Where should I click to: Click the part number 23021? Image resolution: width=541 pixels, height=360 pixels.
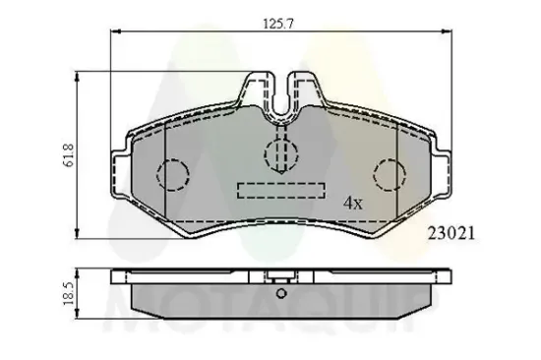(x=451, y=234)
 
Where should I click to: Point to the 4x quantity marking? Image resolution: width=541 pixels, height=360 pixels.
(x=352, y=204)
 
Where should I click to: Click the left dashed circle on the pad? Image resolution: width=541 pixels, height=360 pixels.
(x=173, y=175)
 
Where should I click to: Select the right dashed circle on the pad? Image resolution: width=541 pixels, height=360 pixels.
(x=391, y=175)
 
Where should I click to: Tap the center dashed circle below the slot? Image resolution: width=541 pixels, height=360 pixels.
(x=281, y=151)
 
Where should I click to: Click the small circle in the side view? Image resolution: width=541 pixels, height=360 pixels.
(x=282, y=293)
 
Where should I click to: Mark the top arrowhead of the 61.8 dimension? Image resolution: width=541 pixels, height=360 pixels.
(x=77, y=75)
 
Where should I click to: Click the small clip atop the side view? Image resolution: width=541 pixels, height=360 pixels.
(x=282, y=275)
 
